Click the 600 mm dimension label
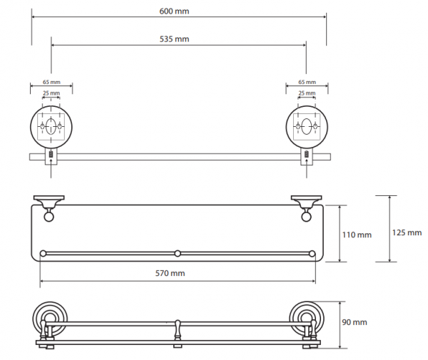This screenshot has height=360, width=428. pos(174,11)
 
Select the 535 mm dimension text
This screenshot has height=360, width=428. pos(174,39)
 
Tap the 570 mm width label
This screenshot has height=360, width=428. pos(170,273)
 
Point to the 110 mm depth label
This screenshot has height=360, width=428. pos(357,235)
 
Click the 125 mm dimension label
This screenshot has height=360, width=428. pos(407,232)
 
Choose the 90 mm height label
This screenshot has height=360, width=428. pos(355,322)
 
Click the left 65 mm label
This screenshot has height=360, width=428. pos(51,82)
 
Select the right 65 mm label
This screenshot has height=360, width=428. pos(307,82)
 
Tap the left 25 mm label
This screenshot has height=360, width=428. pos(51,93)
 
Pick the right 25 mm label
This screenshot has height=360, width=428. pos(307,93)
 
